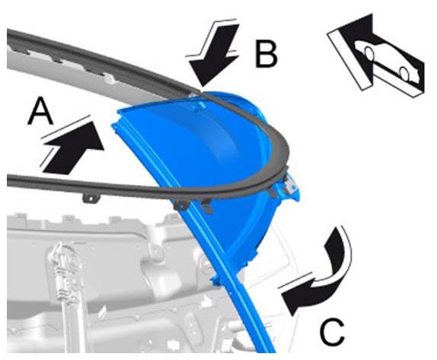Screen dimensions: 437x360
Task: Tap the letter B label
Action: pyautogui.click(x=266, y=54)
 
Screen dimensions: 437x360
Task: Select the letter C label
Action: pyautogui.click(x=332, y=333)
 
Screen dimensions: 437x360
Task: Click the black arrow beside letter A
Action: pyautogui.click(x=73, y=147)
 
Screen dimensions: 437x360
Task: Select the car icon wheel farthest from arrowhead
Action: pyautogui.click(x=404, y=73)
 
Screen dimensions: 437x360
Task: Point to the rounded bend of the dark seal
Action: pyautogui.click(x=282, y=156)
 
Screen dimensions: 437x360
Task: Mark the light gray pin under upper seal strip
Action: pyautogui.click(x=110, y=80)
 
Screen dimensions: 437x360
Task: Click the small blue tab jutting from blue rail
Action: pyautogui.click(x=215, y=280)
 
